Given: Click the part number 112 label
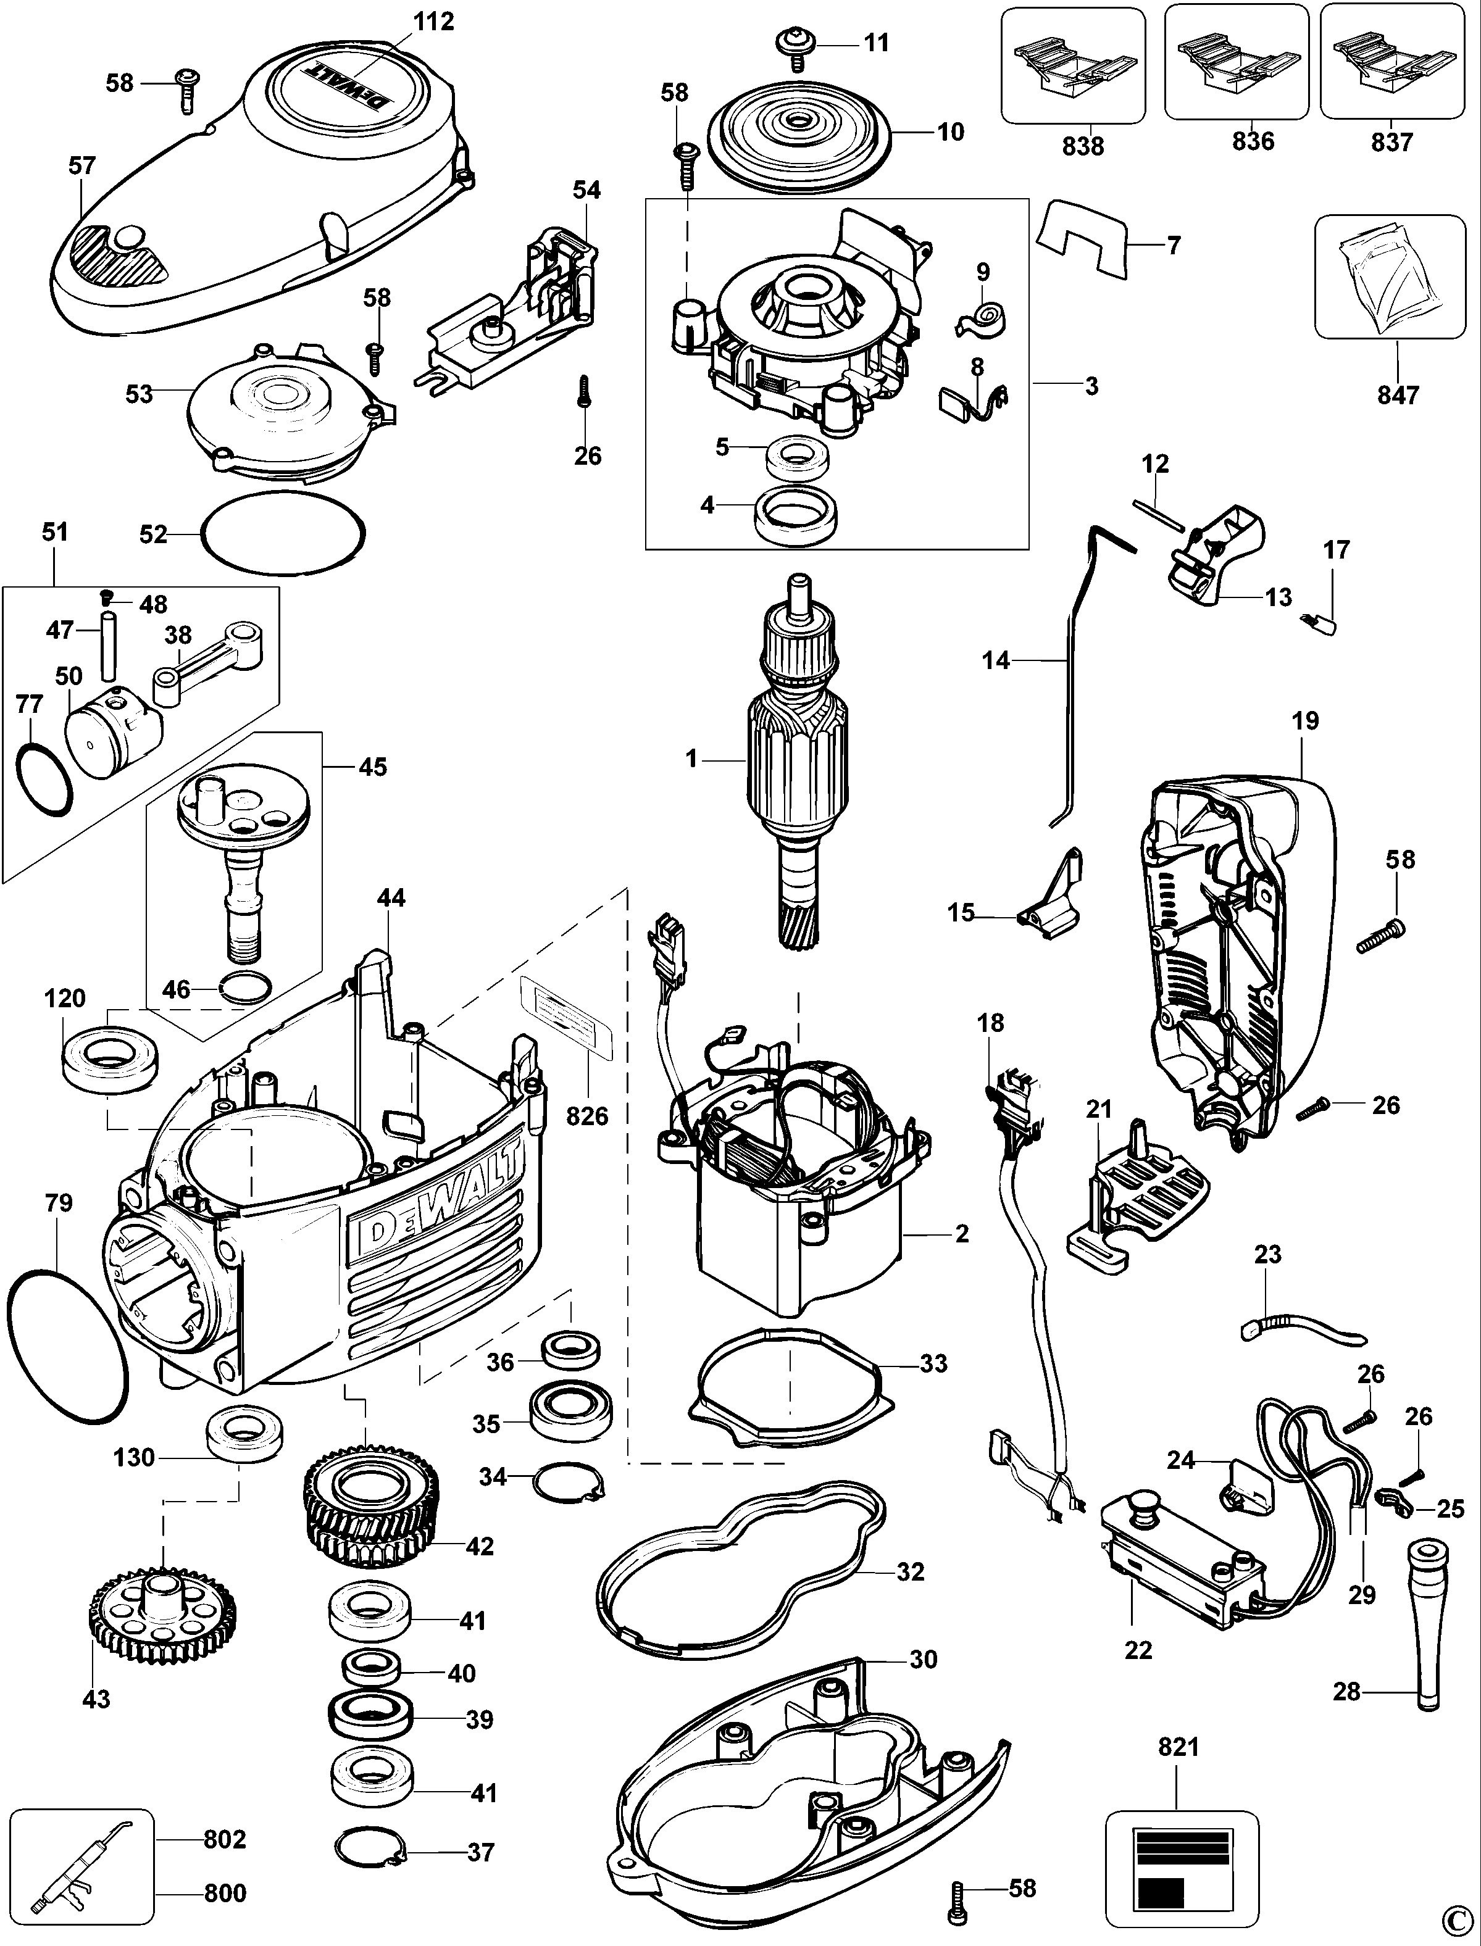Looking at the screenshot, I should (434, 21).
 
